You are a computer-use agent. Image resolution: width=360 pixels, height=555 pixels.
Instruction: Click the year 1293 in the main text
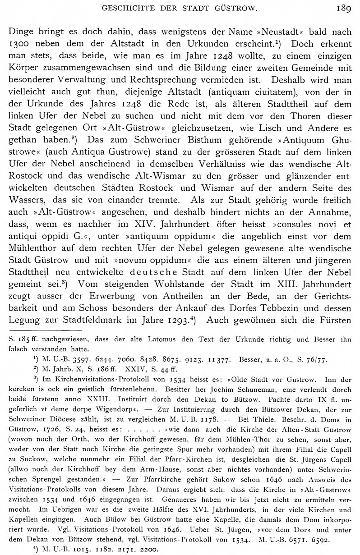click(178, 321)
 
